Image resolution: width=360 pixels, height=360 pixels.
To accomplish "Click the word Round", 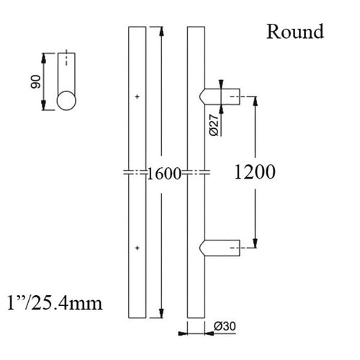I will [294, 32].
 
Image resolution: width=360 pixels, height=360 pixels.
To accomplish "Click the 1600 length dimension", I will [162, 173].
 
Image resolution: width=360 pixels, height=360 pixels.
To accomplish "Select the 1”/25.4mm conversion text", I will [55, 303].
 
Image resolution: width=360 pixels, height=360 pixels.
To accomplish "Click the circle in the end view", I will [67, 99].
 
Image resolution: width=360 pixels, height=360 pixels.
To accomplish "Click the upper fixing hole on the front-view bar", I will [137, 96].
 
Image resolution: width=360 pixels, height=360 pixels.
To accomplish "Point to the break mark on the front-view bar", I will [137, 173].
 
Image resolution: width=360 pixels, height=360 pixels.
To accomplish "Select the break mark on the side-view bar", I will [196, 173].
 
